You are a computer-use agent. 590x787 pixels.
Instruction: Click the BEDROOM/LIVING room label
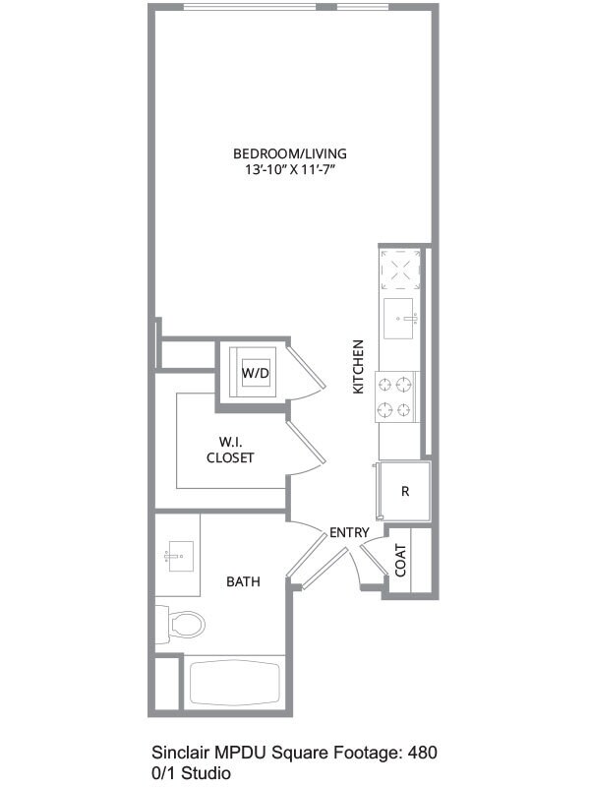(x=289, y=153)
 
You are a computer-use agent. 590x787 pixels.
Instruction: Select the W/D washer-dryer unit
(x=256, y=373)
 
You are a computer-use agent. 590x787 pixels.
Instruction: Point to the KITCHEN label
(x=359, y=367)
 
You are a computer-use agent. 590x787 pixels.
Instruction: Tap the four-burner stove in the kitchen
(x=397, y=397)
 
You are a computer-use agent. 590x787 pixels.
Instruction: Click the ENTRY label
(x=349, y=532)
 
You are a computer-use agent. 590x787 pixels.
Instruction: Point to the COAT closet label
(x=401, y=561)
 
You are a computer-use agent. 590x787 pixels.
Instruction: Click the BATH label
(x=243, y=581)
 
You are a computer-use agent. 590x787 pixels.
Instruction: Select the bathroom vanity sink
(x=177, y=558)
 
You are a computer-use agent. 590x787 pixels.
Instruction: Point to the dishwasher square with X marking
(x=401, y=269)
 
